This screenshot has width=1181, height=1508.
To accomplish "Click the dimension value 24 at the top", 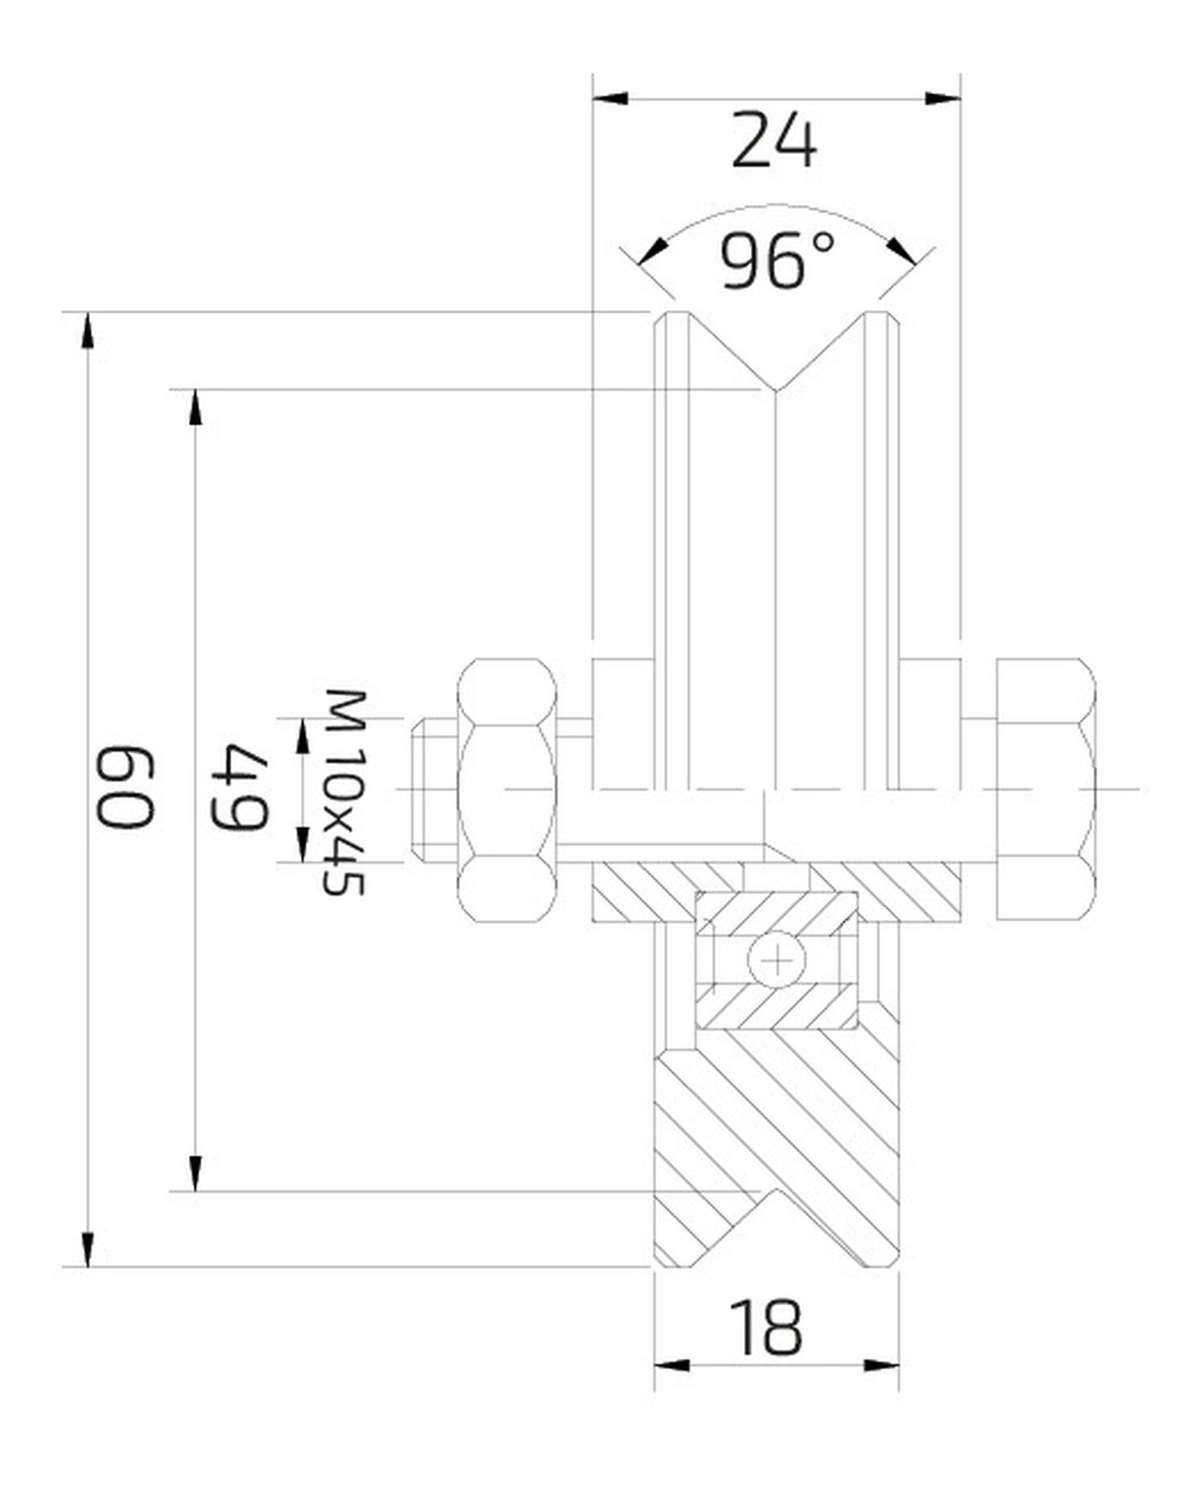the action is (774, 141).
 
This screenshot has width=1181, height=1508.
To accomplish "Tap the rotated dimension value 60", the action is (125, 786).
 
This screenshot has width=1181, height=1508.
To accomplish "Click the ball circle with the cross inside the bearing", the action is (776, 959).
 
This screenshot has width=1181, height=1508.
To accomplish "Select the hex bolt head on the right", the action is (1046, 789).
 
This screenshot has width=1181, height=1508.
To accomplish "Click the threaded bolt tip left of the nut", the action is (433, 789).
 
